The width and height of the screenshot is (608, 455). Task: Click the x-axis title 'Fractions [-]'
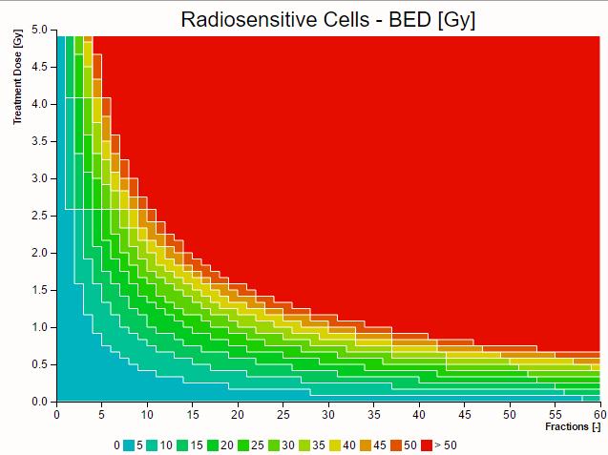point(573,426)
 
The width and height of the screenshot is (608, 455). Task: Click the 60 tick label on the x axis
point(599,414)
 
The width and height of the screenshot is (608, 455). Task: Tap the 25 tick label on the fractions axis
point(283,414)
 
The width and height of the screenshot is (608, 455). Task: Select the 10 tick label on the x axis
point(147,414)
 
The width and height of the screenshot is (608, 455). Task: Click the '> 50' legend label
point(445,445)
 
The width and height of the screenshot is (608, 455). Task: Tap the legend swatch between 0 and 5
point(129,445)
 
